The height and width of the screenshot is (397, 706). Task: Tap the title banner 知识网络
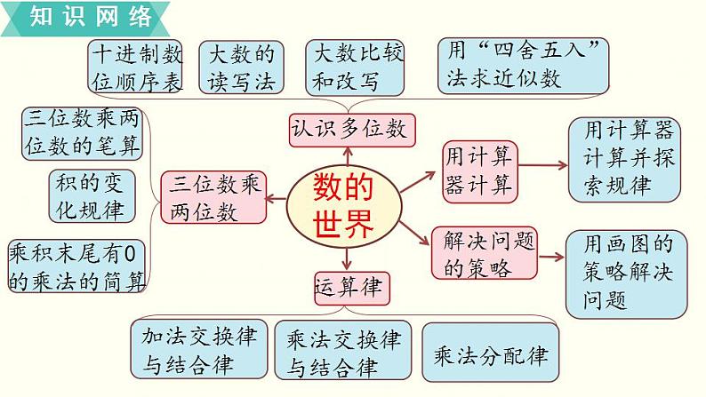click(84, 17)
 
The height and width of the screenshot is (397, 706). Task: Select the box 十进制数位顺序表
click(137, 67)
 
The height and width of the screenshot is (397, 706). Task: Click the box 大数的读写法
click(242, 67)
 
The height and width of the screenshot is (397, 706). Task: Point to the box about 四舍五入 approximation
click(524, 65)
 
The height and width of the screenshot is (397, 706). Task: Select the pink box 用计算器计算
click(479, 171)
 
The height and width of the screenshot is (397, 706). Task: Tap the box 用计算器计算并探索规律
click(624, 159)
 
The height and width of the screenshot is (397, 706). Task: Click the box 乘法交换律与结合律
click(343, 351)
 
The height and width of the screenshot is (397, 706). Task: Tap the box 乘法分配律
click(490, 354)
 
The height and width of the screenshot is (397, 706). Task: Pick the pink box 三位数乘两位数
click(214, 197)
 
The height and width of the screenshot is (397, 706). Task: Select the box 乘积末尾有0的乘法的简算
click(76, 266)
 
